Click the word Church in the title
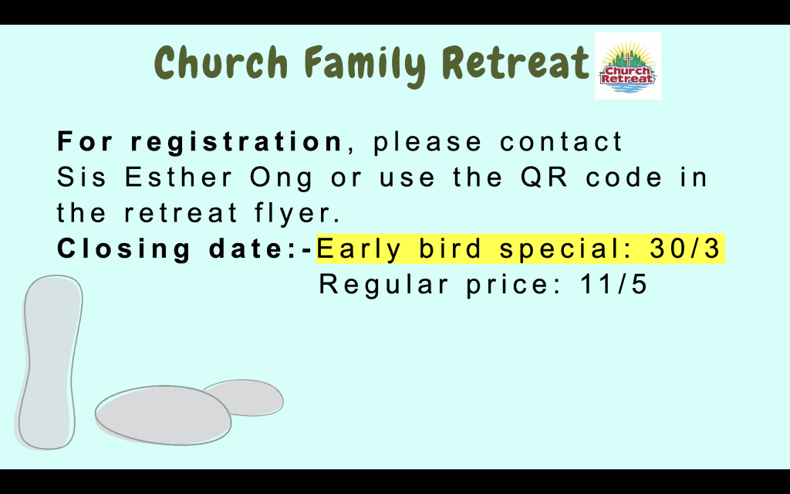(x=221, y=63)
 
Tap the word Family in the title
(x=365, y=65)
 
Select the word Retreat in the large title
(x=515, y=63)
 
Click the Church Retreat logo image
(x=628, y=66)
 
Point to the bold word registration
(x=237, y=143)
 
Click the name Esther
(x=178, y=178)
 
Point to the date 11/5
(x=613, y=284)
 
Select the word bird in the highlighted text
(x=450, y=249)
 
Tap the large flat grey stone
(x=163, y=415)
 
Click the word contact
(x=562, y=142)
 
